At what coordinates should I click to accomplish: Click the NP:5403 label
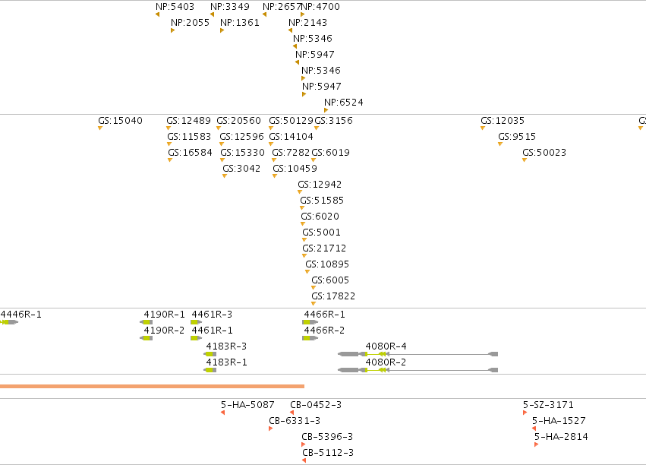pyautogui.click(x=175, y=7)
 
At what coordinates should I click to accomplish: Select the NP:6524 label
pyautogui.click(x=344, y=103)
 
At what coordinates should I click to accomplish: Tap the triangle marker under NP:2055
pyautogui.click(x=172, y=30)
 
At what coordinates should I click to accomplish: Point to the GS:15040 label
pyautogui.click(x=120, y=121)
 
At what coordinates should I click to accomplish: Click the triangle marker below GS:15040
pyautogui.click(x=100, y=128)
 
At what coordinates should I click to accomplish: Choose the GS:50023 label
pyautogui.click(x=544, y=153)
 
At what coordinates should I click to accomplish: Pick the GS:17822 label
pyautogui.click(x=333, y=296)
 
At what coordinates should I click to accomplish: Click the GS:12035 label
pyautogui.click(x=503, y=121)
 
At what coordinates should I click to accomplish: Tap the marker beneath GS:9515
pyautogui.click(x=500, y=144)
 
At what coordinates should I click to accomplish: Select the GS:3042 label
pyautogui.click(x=241, y=169)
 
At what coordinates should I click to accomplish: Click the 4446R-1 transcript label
pyautogui.click(x=21, y=315)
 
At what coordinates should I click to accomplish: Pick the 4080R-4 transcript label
pyautogui.click(x=386, y=346)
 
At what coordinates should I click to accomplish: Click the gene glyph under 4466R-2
pyautogui.click(x=310, y=338)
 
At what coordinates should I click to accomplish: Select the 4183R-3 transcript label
pyautogui.click(x=226, y=346)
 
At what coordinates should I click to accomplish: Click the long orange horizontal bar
pyautogui.click(x=152, y=386)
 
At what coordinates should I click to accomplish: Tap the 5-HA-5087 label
pyautogui.click(x=247, y=405)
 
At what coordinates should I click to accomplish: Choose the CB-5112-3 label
pyautogui.click(x=328, y=453)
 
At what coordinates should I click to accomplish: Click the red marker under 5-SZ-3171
pyautogui.click(x=525, y=413)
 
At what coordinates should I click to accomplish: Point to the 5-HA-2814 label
pyautogui.click(x=561, y=437)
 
